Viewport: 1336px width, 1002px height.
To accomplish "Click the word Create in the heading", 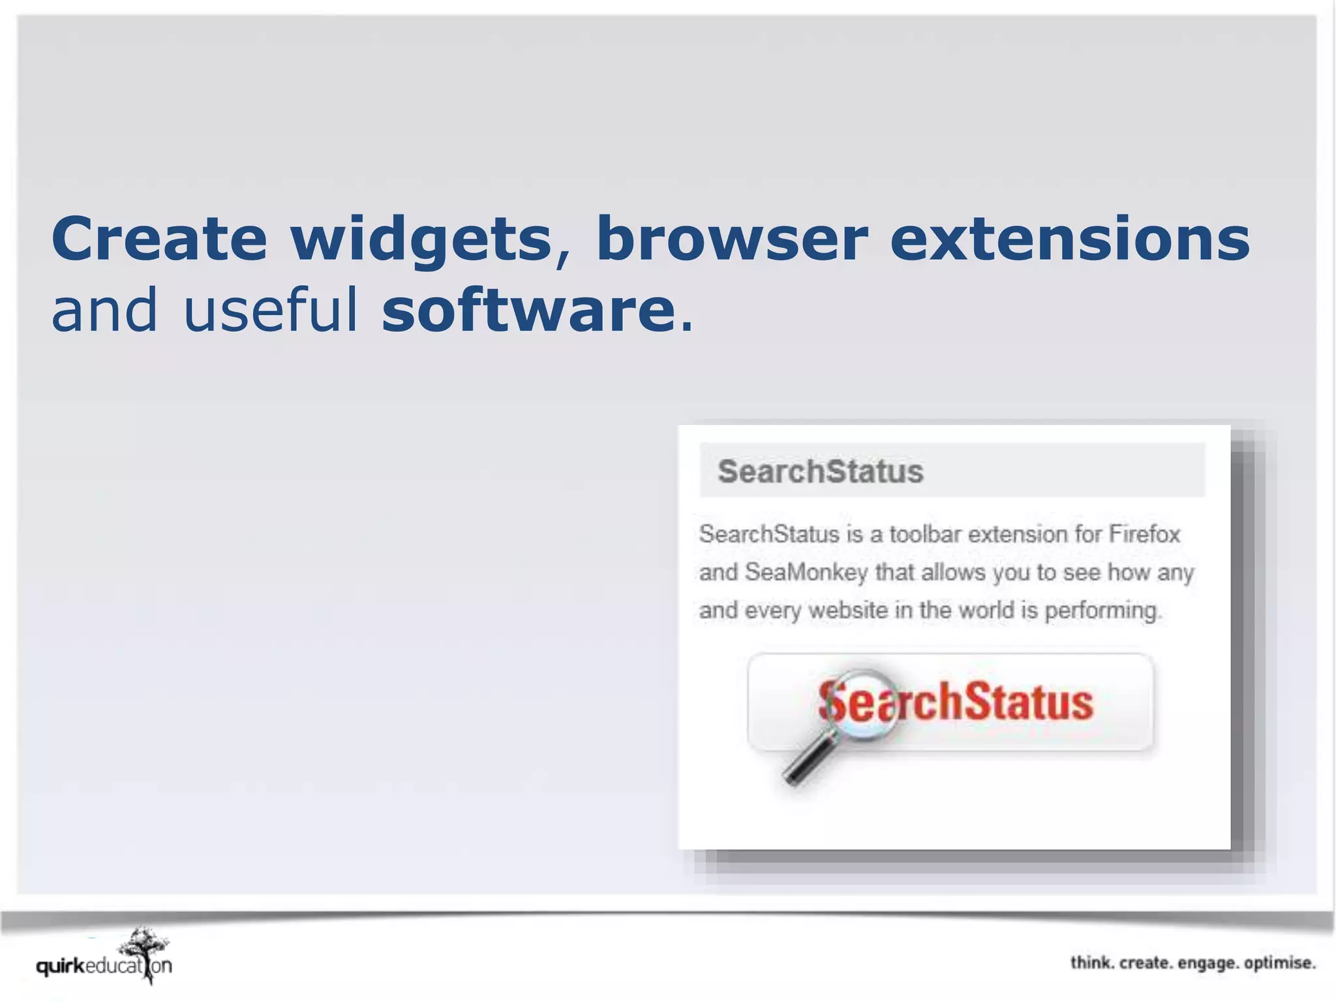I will coord(159,239).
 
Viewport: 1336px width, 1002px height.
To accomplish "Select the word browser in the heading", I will coord(732,239).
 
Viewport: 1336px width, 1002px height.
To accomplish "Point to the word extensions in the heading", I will coord(1070,239).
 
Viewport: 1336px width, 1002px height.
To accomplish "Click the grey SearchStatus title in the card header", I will coord(820,472).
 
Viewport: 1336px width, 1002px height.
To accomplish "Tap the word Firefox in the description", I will coord(1144,534).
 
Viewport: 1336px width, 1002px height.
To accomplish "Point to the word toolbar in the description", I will coord(925,534).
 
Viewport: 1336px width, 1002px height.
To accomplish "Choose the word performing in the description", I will coord(1102,611).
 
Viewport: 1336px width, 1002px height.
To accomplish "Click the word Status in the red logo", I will coord(1028,703).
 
